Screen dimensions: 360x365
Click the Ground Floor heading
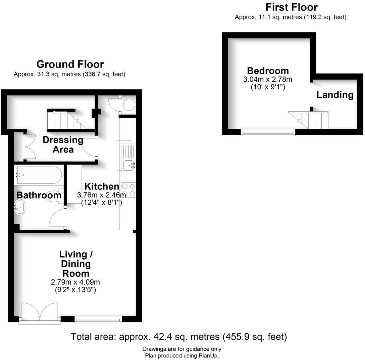coord(70,64)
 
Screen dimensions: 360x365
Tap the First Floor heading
coord(291,7)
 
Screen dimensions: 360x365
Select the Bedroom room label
coord(268,71)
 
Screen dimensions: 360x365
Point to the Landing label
coord(335,95)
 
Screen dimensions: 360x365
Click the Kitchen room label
coord(102,187)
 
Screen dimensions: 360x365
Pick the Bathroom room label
coord(39,195)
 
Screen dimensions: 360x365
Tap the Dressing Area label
coord(63,145)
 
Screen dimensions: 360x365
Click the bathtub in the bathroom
coord(38,175)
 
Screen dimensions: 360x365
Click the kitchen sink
coord(128,164)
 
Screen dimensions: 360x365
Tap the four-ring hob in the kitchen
coord(128,190)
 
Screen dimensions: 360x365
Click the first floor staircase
coord(310,120)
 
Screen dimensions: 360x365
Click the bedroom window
coord(268,133)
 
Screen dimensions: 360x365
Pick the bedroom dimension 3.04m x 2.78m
coord(268,80)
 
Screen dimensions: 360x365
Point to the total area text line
coord(179,337)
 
